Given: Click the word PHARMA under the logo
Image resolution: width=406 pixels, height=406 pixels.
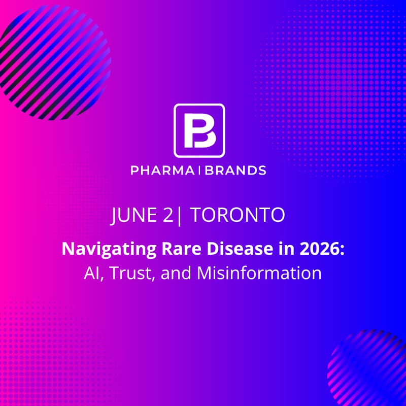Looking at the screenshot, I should pyautogui.click(x=162, y=171).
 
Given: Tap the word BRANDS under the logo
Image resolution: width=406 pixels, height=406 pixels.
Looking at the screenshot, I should pyautogui.click(x=236, y=171).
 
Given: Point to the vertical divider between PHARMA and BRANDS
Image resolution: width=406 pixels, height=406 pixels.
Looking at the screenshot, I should pyautogui.click(x=198, y=171).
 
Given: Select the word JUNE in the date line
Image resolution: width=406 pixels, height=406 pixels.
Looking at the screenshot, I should pyautogui.click(x=133, y=215).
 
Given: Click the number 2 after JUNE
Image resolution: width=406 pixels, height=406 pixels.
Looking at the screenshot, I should pyautogui.click(x=167, y=215).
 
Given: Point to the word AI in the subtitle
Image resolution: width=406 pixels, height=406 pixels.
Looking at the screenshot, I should pyautogui.click(x=90, y=273).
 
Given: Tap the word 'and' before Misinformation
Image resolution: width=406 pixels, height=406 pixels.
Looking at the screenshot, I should pyautogui.click(x=176, y=273).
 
